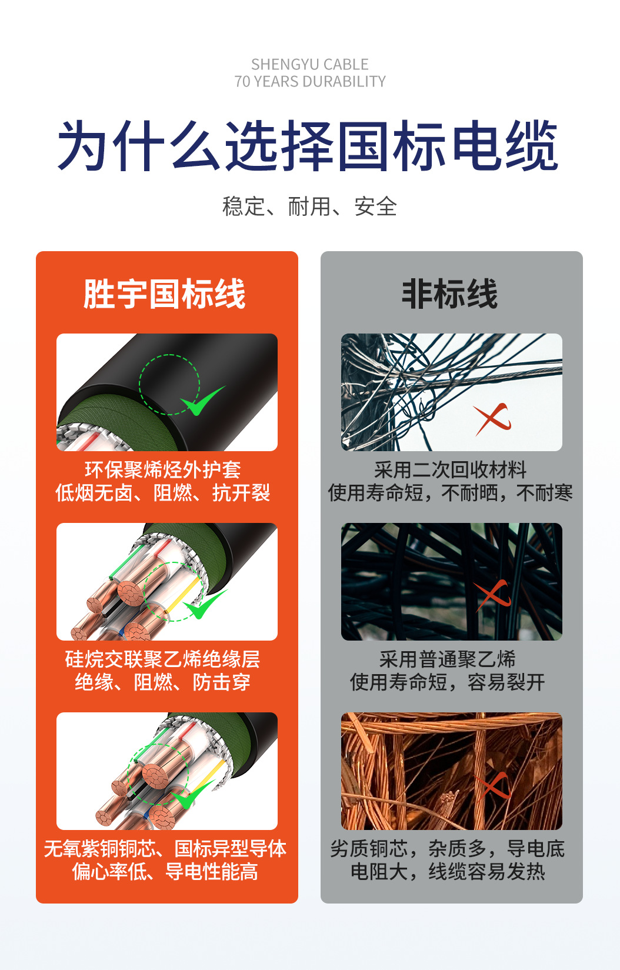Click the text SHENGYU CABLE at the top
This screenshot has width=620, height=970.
tap(309, 64)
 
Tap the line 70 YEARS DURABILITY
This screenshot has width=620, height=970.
tap(309, 81)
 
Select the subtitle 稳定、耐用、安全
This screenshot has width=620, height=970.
tap(309, 206)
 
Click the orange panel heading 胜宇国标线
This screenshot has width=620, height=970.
tap(165, 294)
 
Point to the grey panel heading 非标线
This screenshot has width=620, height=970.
tap(450, 294)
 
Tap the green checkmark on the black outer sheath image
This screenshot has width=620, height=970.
tap(202, 401)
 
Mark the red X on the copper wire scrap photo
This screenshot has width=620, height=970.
tap(493, 786)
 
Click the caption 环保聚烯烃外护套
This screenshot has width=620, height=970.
tap(163, 469)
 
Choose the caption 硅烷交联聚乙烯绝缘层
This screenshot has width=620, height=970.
tap(163, 659)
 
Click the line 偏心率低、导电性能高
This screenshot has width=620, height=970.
tap(165, 871)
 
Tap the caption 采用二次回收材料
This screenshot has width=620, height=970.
tap(450, 469)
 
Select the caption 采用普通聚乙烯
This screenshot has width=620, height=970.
tap(448, 659)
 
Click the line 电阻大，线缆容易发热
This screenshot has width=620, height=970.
tap(448, 871)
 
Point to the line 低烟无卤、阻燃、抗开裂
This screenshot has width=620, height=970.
tap(163, 492)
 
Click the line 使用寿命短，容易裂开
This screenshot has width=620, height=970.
tap(448, 682)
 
